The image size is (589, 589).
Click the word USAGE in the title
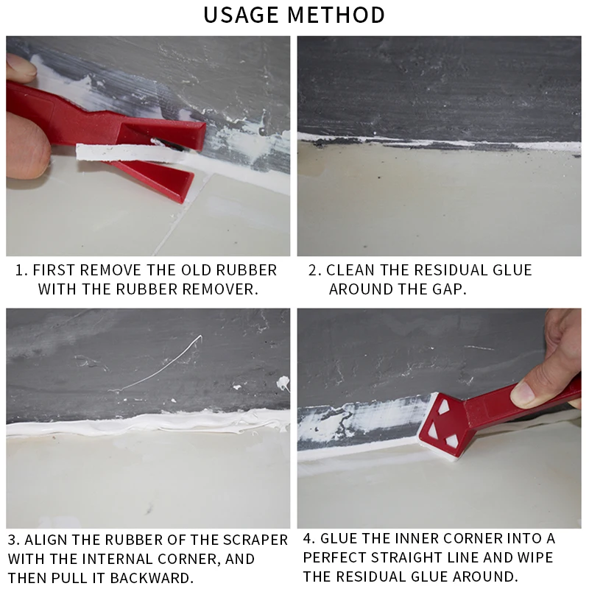243,14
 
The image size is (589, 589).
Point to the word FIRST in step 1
56,269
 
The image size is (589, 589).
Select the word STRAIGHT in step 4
435,557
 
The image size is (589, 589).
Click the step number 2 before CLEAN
313,270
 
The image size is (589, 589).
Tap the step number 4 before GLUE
308,540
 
